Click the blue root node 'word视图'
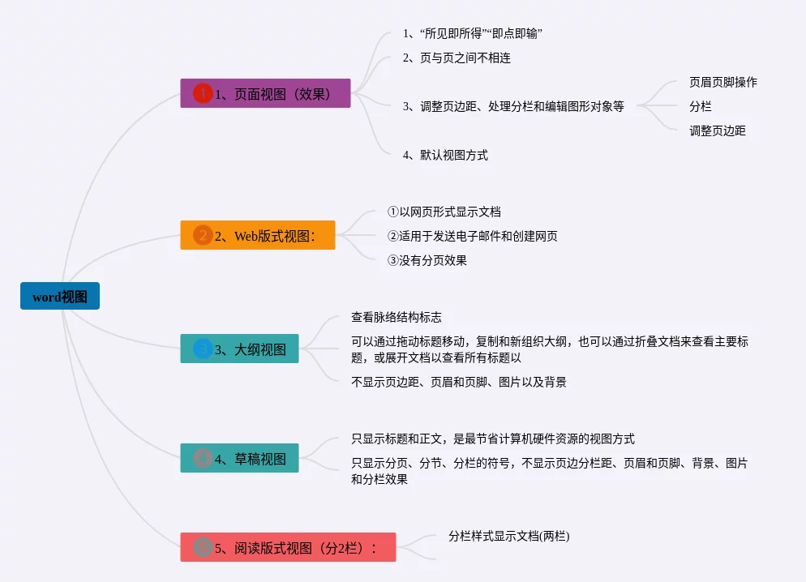click(x=60, y=297)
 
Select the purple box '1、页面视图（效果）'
click(x=265, y=93)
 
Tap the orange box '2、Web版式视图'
click(x=257, y=236)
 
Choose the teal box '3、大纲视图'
click(x=239, y=349)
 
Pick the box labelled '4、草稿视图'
click(x=239, y=458)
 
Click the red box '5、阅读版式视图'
click(x=288, y=547)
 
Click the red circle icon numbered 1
click(x=203, y=93)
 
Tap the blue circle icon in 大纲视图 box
click(x=203, y=349)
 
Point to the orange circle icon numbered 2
click(x=203, y=236)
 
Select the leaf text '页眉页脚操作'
click(x=722, y=82)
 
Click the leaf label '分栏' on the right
click(x=700, y=106)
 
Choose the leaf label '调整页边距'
click(x=717, y=131)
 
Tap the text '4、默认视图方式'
click(x=445, y=155)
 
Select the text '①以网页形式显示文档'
click(x=444, y=212)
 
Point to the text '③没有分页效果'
click(x=427, y=260)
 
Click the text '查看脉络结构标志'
click(x=396, y=317)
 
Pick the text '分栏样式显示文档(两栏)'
click(x=508, y=536)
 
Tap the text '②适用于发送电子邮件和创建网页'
click(x=472, y=236)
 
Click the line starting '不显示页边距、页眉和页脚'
click(x=458, y=382)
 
